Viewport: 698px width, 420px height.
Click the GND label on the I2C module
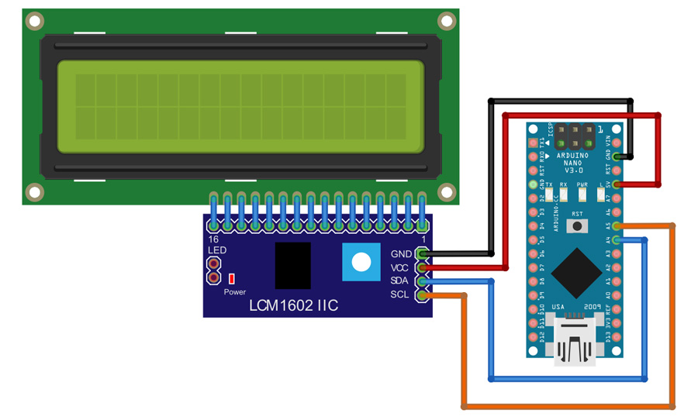pyautogui.click(x=401, y=254)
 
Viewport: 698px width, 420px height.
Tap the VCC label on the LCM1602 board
pyautogui.click(x=400, y=267)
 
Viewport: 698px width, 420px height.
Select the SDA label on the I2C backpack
pyautogui.click(x=400, y=281)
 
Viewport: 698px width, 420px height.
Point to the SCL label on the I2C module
pyautogui.click(x=400, y=294)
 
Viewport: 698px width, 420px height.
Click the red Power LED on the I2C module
pyautogui.click(x=231, y=278)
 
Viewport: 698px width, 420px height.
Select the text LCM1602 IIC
pyautogui.click(x=293, y=306)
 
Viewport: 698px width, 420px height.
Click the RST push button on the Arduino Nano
pyautogui.click(x=577, y=225)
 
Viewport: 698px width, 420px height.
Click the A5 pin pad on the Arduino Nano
pyautogui.click(x=617, y=226)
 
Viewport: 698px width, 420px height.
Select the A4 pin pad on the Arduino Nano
pyautogui.click(x=617, y=240)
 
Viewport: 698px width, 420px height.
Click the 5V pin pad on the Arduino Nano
pyautogui.click(x=617, y=184)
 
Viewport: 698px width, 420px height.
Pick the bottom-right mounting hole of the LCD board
pyautogui.click(x=447, y=191)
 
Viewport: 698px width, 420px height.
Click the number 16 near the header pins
pyautogui.click(x=213, y=240)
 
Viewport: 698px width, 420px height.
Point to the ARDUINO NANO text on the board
pyautogui.click(x=575, y=159)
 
